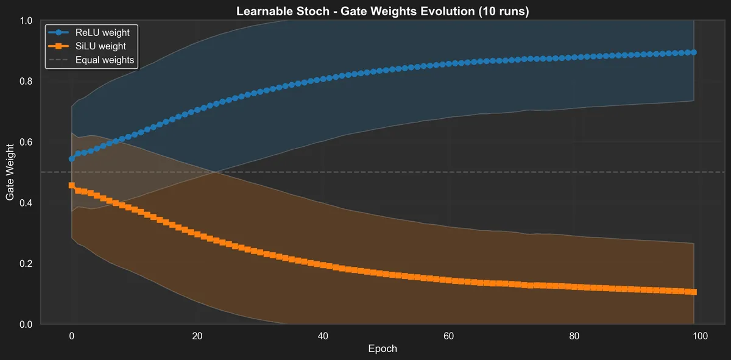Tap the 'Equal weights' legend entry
[x=104, y=60]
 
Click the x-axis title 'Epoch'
[x=383, y=349]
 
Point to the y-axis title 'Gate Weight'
[x=10, y=172]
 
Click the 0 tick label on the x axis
[x=71, y=336]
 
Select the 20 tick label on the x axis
[x=197, y=336]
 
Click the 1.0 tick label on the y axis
[x=26, y=21]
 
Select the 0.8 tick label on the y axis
[x=26, y=82]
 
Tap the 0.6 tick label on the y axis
[x=26, y=143]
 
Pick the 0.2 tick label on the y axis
[x=26, y=264]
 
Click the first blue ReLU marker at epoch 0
[x=71, y=158]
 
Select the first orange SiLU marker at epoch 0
[x=71, y=185]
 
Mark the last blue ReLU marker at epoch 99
[x=694, y=52]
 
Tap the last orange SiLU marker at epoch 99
[x=694, y=292]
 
